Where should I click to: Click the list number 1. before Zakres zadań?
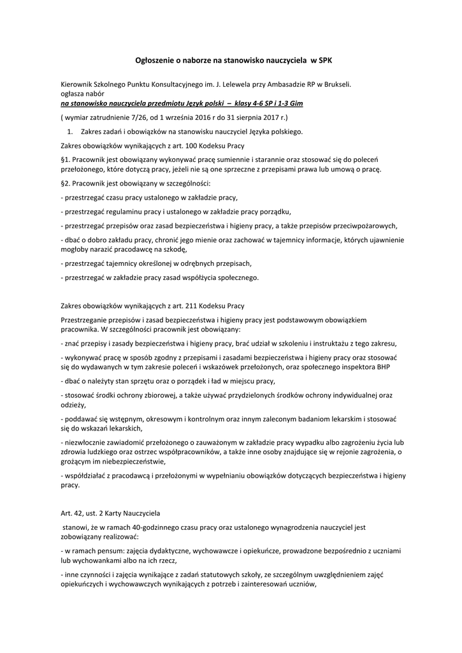point(70,132)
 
